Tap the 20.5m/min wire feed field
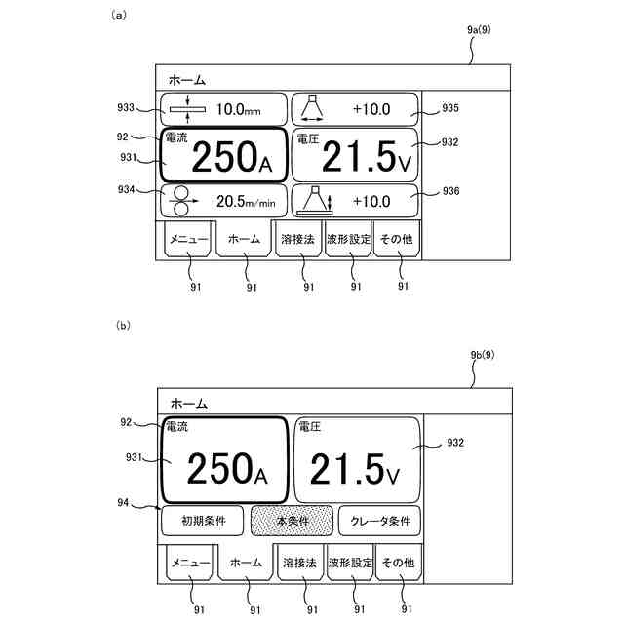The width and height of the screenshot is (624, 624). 224,202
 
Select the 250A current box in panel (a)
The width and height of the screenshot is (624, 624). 224,155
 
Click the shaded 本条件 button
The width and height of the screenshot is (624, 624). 292,522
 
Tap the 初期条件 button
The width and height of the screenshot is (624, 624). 203,522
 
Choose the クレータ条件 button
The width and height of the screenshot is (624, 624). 380,522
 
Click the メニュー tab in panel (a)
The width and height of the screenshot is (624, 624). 187,238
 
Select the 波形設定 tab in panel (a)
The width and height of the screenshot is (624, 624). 348,238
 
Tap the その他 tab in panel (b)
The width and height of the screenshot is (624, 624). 397,563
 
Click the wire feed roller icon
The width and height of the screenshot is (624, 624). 179,202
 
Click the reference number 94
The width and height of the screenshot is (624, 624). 125,502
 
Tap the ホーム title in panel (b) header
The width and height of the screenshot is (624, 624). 189,402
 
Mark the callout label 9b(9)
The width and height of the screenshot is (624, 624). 482,356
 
